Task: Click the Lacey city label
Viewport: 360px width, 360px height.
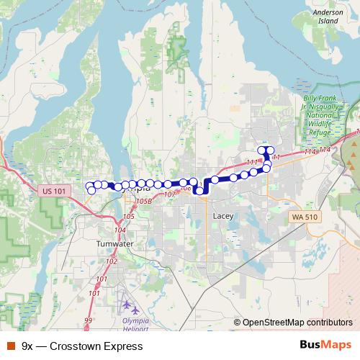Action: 221,215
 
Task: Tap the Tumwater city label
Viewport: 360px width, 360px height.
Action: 115,244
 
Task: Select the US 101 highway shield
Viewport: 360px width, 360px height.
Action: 54,191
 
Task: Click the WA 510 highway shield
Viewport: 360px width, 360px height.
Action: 305,216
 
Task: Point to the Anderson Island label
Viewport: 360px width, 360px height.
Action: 328,17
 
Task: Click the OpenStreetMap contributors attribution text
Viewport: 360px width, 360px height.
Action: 297,323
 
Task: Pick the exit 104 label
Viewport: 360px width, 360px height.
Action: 120,230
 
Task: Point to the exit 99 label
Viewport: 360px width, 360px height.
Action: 89,320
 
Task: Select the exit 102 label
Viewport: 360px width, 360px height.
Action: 112,261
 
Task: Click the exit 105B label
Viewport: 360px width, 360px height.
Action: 144,201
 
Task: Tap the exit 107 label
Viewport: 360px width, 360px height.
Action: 170,194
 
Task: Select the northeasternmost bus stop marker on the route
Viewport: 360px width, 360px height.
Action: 271,150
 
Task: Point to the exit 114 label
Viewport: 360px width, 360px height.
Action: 310,150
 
